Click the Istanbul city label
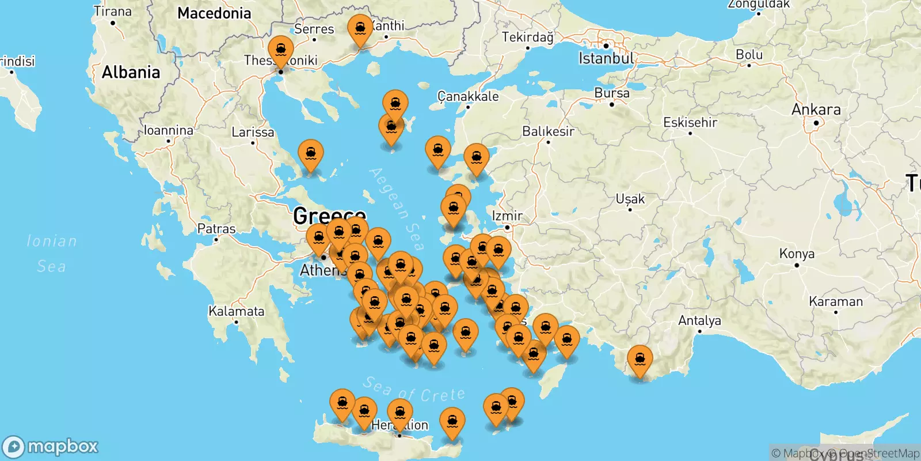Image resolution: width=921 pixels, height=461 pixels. click(606, 58)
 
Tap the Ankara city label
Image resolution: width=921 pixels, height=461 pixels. click(816, 109)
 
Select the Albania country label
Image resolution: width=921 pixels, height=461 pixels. click(131, 73)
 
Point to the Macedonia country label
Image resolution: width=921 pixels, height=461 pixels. click(214, 13)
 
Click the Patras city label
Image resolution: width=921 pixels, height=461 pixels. click(216, 229)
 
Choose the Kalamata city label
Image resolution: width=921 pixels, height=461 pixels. click(236, 311)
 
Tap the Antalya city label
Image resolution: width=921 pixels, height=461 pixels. click(699, 320)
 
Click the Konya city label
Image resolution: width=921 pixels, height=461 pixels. click(797, 254)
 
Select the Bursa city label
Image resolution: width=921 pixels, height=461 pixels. click(612, 93)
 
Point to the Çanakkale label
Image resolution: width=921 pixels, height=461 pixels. click(468, 96)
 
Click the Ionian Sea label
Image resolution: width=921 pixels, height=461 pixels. click(52, 254)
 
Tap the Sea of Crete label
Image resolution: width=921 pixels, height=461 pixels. click(414, 390)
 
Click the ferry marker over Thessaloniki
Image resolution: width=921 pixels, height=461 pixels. click(281, 51)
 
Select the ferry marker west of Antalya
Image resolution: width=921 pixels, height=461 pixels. click(640, 360)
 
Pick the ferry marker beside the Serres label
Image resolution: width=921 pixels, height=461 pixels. click(360, 29)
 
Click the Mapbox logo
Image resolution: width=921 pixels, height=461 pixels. click(51, 447)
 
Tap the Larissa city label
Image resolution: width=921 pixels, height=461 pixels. click(253, 132)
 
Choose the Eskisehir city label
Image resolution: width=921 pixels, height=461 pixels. click(690, 122)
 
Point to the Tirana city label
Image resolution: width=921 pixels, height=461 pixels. click(113, 12)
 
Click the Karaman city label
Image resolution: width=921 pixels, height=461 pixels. click(836, 301)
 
